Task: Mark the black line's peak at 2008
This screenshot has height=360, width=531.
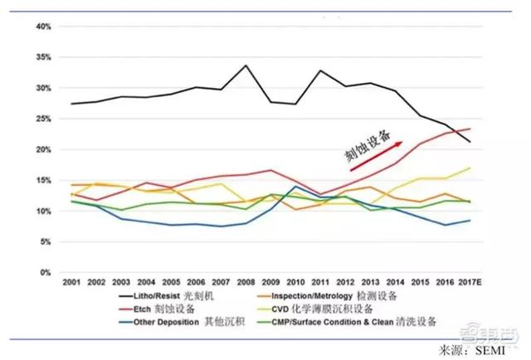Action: (x=246, y=65)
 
